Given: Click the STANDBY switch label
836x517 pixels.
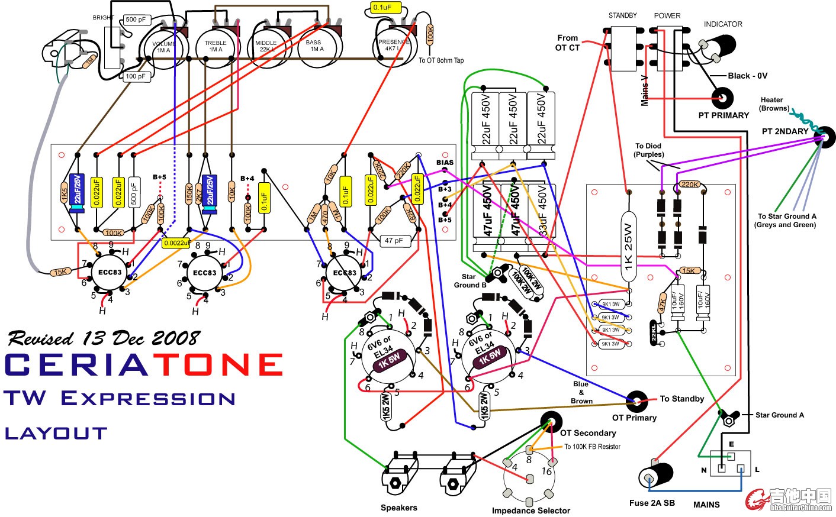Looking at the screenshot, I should tap(622, 15).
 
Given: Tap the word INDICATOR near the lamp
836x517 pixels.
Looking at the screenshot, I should tap(722, 24).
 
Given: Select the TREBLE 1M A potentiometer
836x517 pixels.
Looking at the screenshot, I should tap(216, 46).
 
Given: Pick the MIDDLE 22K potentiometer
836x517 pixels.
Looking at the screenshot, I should tap(266, 46).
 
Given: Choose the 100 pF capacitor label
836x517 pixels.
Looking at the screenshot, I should tap(135, 76).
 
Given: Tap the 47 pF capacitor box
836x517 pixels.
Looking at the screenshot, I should tap(393, 241).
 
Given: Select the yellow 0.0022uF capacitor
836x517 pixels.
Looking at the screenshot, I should tap(176, 243).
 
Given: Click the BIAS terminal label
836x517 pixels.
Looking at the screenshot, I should tap(445, 163).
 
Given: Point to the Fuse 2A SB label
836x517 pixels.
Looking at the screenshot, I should tap(652, 503).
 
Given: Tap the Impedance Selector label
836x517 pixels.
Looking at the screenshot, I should tap(530, 510).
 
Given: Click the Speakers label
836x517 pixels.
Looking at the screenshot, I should tap(398, 508).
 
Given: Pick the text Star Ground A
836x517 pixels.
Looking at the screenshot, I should tap(779, 415).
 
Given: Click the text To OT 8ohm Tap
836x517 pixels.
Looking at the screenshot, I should tap(441, 60).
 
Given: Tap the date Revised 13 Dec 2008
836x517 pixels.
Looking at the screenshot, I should tap(104, 338).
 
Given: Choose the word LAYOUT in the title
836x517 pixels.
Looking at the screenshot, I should tap(56, 434).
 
